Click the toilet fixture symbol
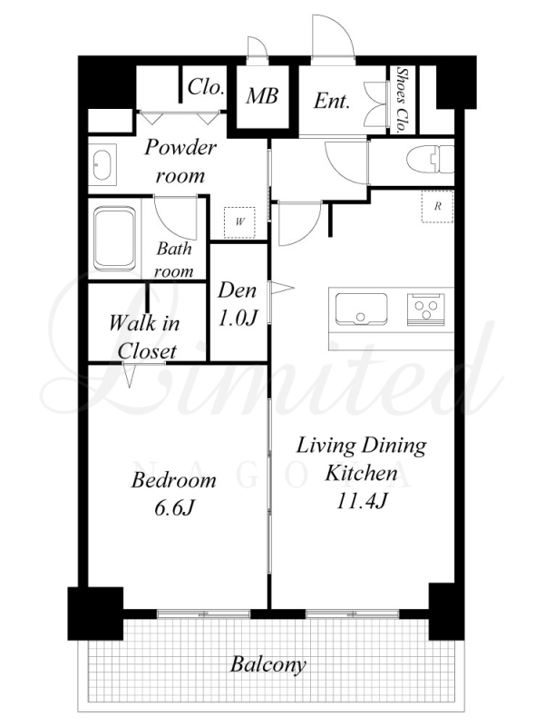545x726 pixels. (431, 160)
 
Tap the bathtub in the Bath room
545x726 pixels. (115, 238)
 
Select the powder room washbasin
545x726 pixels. (102, 165)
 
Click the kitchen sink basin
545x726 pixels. (361, 309)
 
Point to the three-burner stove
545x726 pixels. (426, 309)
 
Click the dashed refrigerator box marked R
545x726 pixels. (437, 207)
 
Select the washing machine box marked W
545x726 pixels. (239, 222)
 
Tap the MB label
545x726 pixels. (262, 96)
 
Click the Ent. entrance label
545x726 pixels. (331, 101)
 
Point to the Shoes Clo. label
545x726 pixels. (403, 100)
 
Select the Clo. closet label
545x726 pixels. (206, 86)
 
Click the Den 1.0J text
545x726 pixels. (237, 304)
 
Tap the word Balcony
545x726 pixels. (268, 665)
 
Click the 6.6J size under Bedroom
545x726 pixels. (173, 508)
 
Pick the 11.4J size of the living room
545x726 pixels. (361, 501)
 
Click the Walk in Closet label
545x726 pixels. (145, 337)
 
